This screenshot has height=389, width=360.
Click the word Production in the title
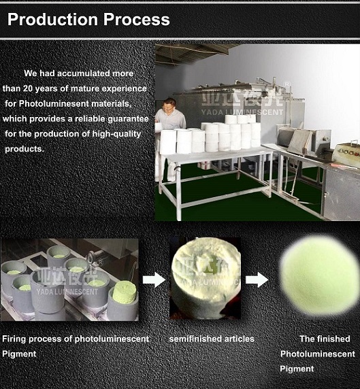pyautogui.click(x=52, y=19)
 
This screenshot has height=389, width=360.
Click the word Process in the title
pyautogui.click(x=136, y=19)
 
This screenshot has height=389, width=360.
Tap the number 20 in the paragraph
pyautogui.click(x=28, y=88)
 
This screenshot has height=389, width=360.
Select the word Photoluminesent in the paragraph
pyautogui.click(x=54, y=103)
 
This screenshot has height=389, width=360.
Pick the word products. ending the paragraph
pyautogui.click(x=24, y=149)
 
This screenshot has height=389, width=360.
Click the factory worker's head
pyautogui.click(x=169, y=105)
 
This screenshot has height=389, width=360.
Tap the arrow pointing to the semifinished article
pyautogui.click(x=154, y=280)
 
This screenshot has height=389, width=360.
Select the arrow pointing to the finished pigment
pyautogui.click(x=257, y=280)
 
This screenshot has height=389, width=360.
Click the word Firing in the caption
pyautogui.click(x=14, y=339)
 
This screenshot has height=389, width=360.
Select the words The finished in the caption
pyautogui.click(x=325, y=339)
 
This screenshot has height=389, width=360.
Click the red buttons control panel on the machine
pyautogui.click(x=347, y=152)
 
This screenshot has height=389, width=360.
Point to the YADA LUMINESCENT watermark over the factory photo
pyautogui.click(x=242, y=112)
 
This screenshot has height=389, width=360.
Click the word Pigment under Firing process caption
pyautogui.click(x=19, y=354)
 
